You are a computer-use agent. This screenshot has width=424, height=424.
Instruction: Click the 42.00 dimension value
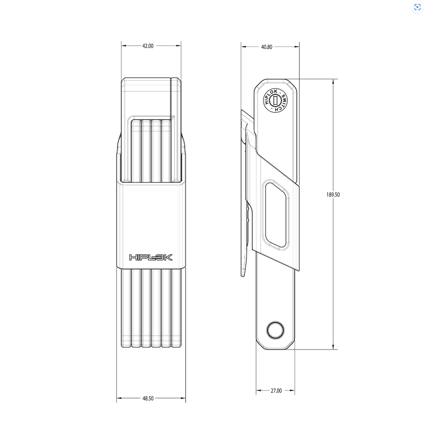pos(148,46)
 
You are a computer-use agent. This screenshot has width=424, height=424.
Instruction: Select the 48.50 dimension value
pos(148,399)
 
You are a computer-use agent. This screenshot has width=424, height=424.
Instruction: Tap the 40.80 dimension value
pos(267,47)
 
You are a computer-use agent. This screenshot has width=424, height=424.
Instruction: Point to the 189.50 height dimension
pos(333,195)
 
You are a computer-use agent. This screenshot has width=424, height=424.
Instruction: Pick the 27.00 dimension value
pos(276,391)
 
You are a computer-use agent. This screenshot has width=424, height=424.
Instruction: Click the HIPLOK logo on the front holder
pos(151,257)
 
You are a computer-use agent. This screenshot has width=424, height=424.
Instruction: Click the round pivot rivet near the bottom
pos(276,330)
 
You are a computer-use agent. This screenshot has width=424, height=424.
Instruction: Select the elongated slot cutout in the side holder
pos(276,215)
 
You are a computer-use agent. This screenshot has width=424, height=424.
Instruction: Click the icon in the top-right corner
pos(417,7)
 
